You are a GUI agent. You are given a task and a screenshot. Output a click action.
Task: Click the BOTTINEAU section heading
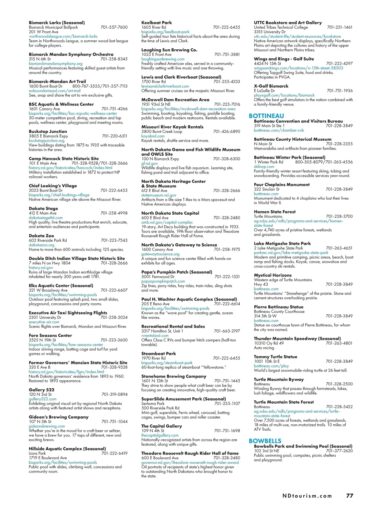(x=266, y=116)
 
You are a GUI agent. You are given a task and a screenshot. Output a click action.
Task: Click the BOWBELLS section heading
(x=265, y=441)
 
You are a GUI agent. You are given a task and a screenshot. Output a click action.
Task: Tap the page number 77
(x=350, y=496)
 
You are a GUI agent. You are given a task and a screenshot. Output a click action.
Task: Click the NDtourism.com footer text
(x=307, y=496)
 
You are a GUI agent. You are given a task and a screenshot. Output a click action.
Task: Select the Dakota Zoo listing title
(x=41, y=236)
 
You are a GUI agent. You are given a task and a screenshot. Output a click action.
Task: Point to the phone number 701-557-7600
(x=114, y=27)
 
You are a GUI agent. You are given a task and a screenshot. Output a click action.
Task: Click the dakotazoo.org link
(x=41, y=245)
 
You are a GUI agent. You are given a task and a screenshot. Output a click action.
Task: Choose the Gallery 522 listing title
(x=41, y=390)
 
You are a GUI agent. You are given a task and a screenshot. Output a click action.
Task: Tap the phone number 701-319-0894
(x=114, y=394)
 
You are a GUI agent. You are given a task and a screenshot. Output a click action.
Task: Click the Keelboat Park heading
(x=156, y=23)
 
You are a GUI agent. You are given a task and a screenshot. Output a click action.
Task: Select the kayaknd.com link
(x=153, y=136)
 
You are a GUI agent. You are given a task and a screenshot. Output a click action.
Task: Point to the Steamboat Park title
(x=158, y=354)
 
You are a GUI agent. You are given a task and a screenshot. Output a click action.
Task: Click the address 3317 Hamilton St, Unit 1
(x=162, y=331)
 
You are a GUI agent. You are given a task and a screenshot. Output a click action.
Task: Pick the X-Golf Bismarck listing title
(x=271, y=86)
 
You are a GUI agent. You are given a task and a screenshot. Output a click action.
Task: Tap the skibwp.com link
(x=264, y=167)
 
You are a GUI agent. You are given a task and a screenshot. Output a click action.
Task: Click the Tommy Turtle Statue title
(x=275, y=357)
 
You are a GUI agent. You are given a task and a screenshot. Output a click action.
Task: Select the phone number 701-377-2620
(x=339, y=451)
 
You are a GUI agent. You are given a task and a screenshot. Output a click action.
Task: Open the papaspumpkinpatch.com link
(x=163, y=281)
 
